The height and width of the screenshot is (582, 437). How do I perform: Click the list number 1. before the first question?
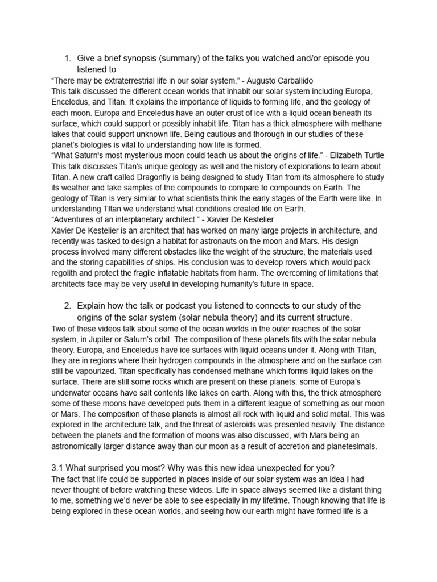pyautogui.click(x=67, y=59)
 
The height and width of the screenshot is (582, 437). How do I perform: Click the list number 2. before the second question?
pyautogui.click(x=67, y=306)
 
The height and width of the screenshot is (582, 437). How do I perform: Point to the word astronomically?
pyautogui.click(x=90, y=447)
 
